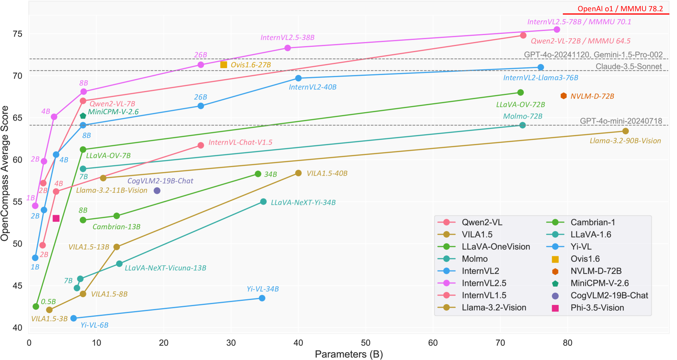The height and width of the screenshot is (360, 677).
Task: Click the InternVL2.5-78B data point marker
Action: pos(557,29)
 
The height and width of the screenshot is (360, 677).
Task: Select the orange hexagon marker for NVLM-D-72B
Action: pos(563,96)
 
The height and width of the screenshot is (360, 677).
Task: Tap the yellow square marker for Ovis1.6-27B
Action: pos(223,64)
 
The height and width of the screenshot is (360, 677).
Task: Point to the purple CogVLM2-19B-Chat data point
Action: pos(157,190)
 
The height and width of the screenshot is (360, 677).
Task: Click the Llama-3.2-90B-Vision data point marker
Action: pos(625,131)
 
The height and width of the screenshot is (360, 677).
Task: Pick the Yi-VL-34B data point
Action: pos(262,298)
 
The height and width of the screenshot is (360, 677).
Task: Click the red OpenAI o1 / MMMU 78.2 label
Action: pos(620,9)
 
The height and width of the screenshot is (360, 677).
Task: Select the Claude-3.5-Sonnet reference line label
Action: pos(628,66)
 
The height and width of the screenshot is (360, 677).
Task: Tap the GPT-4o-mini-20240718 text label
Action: pos(621,121)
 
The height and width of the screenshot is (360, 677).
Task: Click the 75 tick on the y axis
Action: pos(17,34)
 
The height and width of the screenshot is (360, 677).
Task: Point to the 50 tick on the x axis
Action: pos(366,343)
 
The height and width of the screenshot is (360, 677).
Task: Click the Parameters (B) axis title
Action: pos(348,354)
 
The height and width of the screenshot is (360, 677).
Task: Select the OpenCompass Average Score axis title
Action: pos(5,173)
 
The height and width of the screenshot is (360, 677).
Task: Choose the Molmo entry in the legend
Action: pos(474,259)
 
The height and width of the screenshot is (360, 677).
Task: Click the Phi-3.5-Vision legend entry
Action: pos(597,308)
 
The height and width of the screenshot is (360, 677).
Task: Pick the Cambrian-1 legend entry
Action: pos(593,222)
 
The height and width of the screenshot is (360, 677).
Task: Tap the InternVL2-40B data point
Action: pos(298,78)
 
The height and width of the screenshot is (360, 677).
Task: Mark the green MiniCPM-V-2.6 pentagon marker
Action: pos(83,116)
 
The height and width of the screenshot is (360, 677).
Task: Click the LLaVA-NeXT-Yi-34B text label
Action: pos(303,202)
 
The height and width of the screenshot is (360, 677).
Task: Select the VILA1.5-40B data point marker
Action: pos(298,173)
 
